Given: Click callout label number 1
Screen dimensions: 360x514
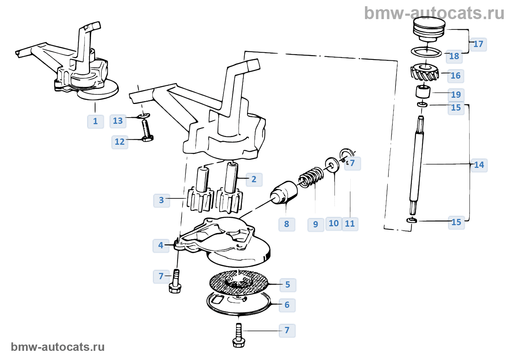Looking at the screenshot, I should point(95,121).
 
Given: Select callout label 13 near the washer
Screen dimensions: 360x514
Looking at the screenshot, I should point(118,121).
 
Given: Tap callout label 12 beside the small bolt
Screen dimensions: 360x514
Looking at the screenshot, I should point(120,142).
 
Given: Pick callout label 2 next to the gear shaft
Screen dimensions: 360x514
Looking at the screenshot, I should point(254,179).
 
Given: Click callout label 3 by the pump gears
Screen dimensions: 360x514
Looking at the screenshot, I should point(161,200).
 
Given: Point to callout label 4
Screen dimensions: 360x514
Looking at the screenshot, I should point(161,245).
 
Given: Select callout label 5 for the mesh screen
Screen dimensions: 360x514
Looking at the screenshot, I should point(287,285).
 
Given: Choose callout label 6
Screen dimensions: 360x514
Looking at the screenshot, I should point(287,305).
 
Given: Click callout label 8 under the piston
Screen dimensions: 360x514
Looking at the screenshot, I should point(287,224).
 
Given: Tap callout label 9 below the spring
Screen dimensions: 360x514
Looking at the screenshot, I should point(315,224).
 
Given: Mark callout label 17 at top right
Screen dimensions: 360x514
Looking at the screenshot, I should point(478,44).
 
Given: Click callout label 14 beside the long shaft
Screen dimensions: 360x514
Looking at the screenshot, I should point(479,165).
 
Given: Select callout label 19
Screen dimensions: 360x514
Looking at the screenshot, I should point(456,95).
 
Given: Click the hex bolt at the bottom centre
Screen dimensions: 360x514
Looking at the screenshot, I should point(239,336).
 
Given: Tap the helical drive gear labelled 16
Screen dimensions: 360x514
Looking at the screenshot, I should point(425,73).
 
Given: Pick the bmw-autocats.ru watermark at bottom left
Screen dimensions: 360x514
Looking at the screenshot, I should point(58,347).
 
